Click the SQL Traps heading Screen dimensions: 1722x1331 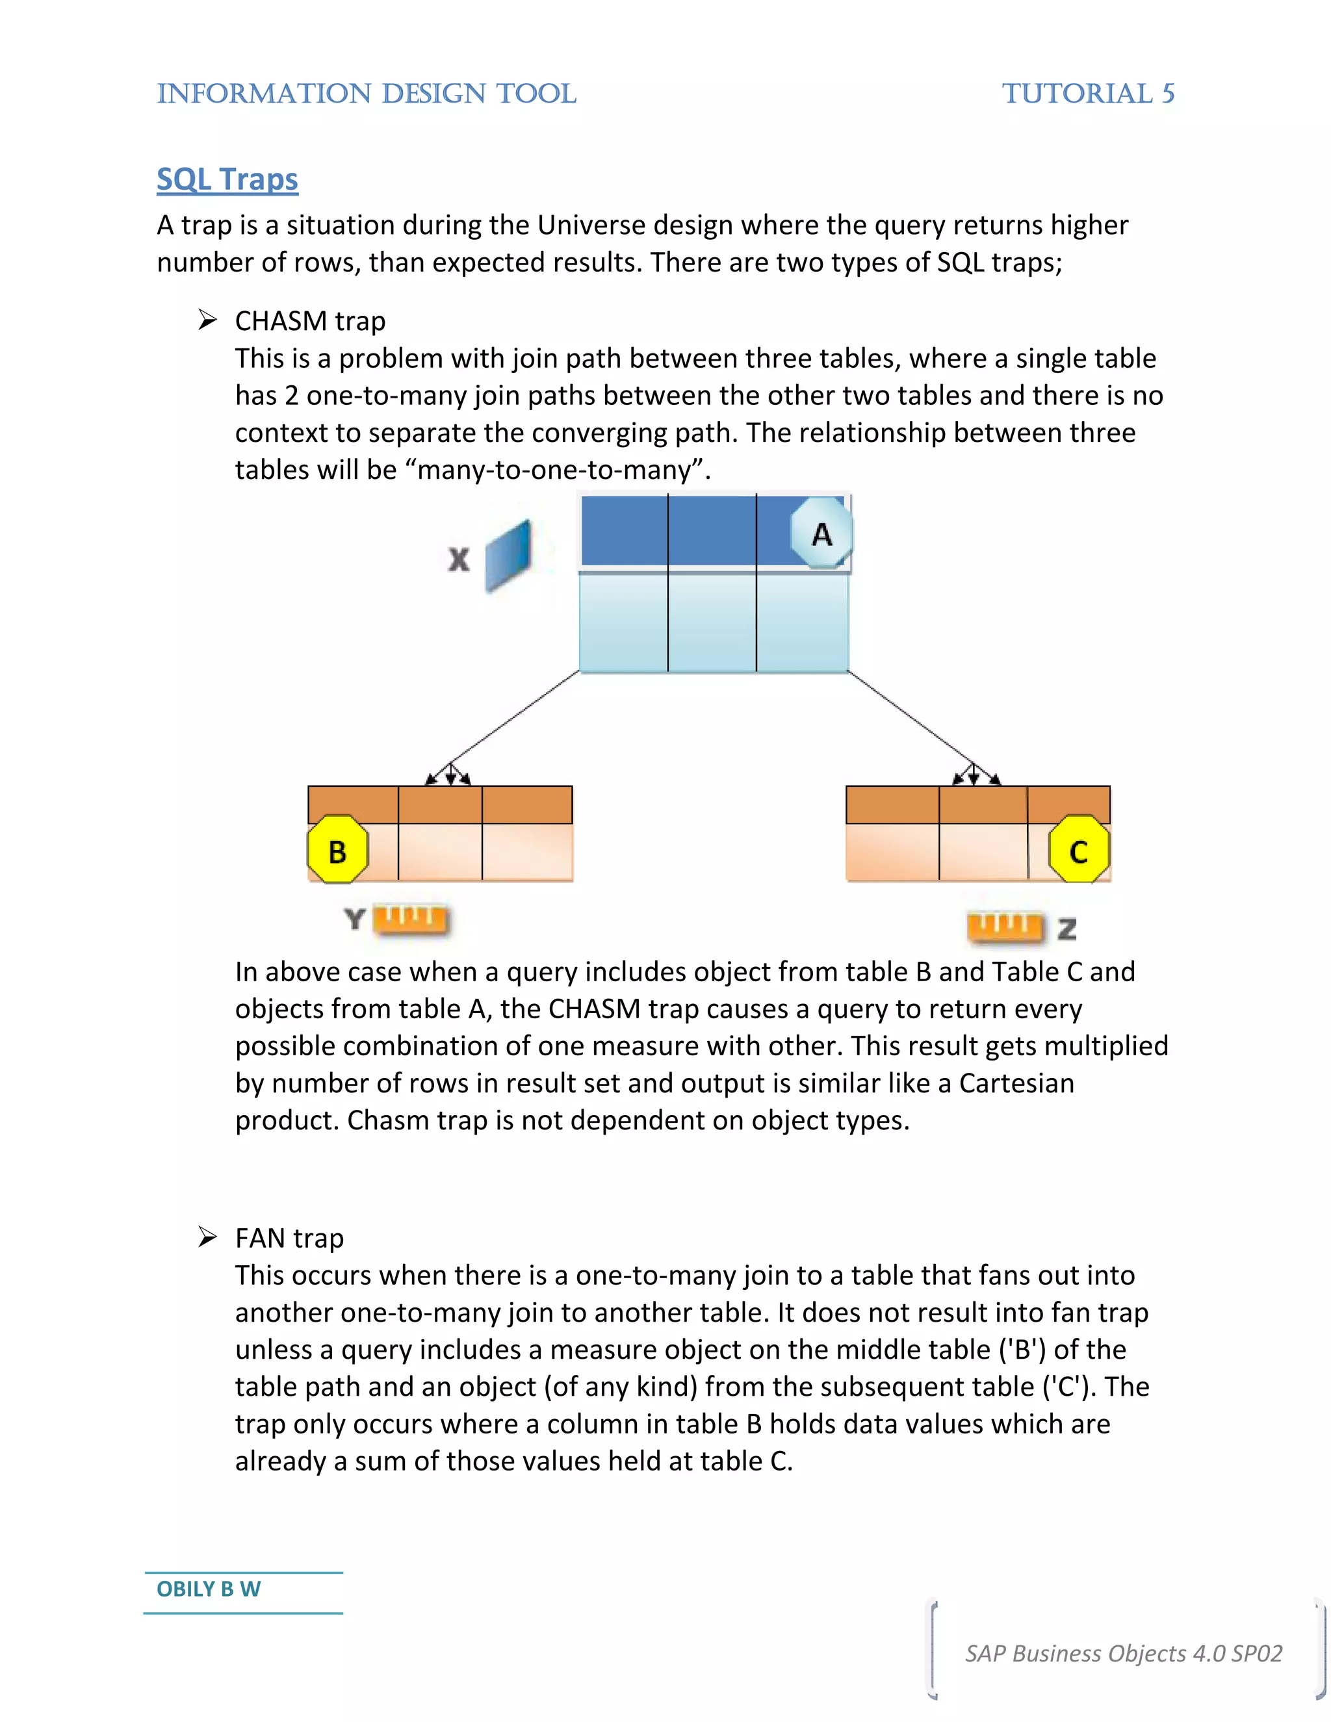tap(227, 180)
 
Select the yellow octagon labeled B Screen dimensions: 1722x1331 tap(337, 850)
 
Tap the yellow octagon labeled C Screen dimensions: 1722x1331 tap(1079, 850)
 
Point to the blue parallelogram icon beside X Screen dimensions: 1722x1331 tap(508, 555)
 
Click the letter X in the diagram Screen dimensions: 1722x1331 tap(459, 559)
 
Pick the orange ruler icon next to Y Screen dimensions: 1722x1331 tap(410, 919)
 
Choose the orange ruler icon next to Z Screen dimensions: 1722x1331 tap(1005, 927)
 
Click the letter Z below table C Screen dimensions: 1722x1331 tap(1067, 929)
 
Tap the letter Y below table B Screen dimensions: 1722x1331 tap(355, 919)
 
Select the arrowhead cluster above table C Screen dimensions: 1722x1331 tap(976, 776)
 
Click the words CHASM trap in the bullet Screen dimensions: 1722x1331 tap(310, 321)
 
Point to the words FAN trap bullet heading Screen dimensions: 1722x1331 tap(289, 1238)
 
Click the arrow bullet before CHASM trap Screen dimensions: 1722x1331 tap(207, 320)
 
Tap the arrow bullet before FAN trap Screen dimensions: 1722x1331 tap(207, 1237)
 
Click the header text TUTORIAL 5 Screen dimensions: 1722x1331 tap(1088, 94)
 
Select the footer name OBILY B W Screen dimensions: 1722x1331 tap(208, 1589)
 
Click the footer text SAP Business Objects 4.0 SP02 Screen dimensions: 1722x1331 tap(1124, 1652)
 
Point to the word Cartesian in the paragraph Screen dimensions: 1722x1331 tap(1016, 1083)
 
